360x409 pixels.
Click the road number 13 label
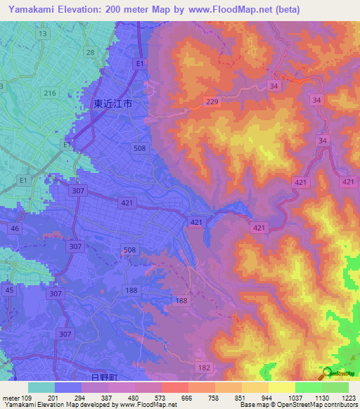point(43,34)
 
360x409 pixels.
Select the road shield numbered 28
point(90,53)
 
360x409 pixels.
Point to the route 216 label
point(49,93)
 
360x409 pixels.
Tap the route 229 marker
point(212,102)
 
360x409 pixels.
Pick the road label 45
point(9,290)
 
